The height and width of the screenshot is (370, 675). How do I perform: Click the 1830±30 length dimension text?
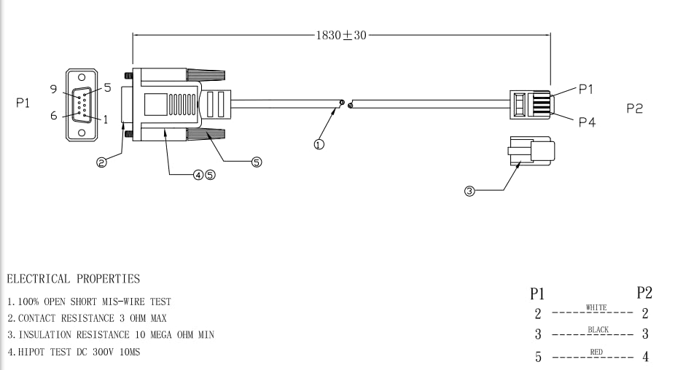pos(341,35)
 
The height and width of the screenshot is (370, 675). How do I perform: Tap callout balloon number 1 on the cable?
pos(319,144)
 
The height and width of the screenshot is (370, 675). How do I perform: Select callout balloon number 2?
pos(102,162)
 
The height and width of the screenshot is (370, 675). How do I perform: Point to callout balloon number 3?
pos(469,192)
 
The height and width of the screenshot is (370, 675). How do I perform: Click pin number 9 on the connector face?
pos(53,89)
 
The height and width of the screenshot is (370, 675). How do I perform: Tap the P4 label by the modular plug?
pos(587,122)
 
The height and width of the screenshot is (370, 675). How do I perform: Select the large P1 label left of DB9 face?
pos(23,103)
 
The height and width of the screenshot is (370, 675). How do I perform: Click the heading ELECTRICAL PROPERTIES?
pos(73,278)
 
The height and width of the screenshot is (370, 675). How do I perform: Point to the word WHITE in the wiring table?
pos(596,308)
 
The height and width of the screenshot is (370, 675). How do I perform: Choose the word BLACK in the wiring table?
pos(598,330)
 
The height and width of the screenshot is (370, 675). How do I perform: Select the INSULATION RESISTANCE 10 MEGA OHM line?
pos(110,335)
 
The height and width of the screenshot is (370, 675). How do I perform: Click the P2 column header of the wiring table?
pos(644,293)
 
